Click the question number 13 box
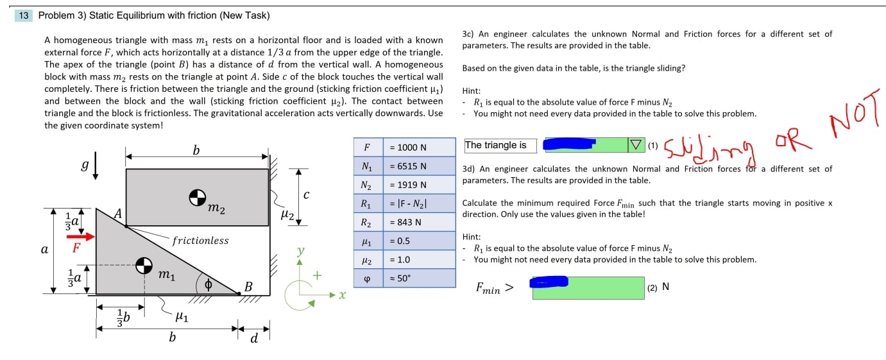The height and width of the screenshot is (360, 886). pyautogui.click(x=24, y=15)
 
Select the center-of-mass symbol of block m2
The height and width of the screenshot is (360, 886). pyautogui.click(x=197, y=198)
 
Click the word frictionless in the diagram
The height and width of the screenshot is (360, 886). pyautogui.click(x=200, y=241)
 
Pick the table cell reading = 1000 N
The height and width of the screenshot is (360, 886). pyautogui.click(x=418, y=148)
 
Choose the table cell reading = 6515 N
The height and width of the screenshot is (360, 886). pyautogui.click(x=418, y=166)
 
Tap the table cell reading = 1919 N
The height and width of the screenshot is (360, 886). pyautogui.click(x=418, y=185)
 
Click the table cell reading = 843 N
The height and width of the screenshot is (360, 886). pyautogui.click(x=418, y=223)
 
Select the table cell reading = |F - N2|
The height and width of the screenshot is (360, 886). pyautogui.click(x=418, y=204)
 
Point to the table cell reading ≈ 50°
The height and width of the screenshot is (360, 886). pyautogui.click(x=418, y=279)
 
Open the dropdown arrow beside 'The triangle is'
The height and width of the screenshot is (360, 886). pyautogui.click(x=636, y=146)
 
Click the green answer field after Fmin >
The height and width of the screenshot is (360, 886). pyautogui.click(x=588, y=288)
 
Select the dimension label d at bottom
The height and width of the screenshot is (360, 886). pyautogui.click(x=254, y=338)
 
